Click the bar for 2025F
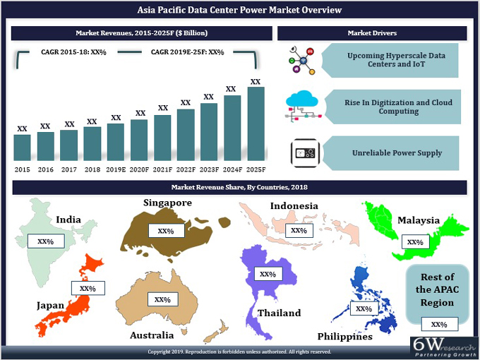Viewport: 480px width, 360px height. [256, 124]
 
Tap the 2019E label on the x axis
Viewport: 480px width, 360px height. [116, 169]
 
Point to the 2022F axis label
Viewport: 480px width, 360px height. [186, 169]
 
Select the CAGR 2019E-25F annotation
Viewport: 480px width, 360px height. [187, 52]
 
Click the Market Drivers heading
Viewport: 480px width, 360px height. [372, 33]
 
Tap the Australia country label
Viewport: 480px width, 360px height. [151, 335]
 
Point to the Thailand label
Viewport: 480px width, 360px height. [279, 313]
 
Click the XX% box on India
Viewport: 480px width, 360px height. [45, 241]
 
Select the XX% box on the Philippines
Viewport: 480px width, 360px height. [364, 308]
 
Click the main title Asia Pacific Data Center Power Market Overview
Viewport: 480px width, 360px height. [240, 11]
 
